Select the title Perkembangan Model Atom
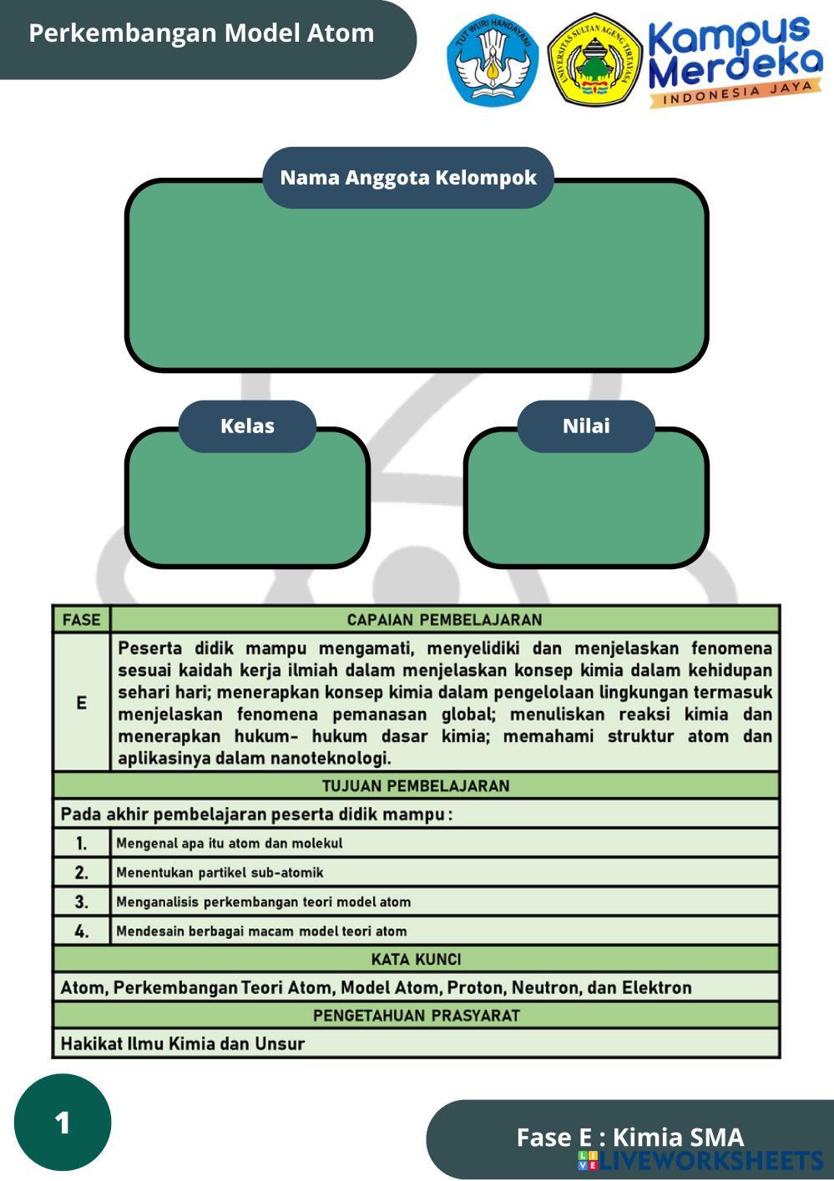click(201, 33)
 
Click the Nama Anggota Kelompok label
click(408, 178)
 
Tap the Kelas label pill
click(247, 426)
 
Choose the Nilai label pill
click(586, 426)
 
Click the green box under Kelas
click(247, 509)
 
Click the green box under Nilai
click(586, 509)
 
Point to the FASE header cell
click(81, 619)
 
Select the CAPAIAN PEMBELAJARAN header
click(444, 619)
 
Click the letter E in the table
click(81, 703)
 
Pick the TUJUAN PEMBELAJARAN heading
click(416, 785)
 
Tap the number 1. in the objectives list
click(81, 843)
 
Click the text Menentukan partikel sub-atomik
click(220, 872)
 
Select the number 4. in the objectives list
click(81, 931)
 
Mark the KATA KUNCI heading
click(416, 959)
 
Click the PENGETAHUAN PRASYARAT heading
click(416, 1015)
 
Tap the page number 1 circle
click(63, 1123)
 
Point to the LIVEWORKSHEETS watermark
click(701, 1160)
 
